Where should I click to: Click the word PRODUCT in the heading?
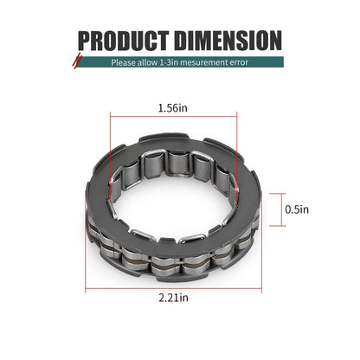124,41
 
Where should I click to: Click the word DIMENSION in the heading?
228,41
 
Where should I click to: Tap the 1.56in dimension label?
173,108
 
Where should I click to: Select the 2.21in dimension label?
173,298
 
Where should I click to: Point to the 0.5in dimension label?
297,209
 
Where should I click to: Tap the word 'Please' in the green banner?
123,62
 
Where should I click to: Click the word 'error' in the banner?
239,62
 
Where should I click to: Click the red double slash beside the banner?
77,60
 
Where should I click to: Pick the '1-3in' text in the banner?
170,62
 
